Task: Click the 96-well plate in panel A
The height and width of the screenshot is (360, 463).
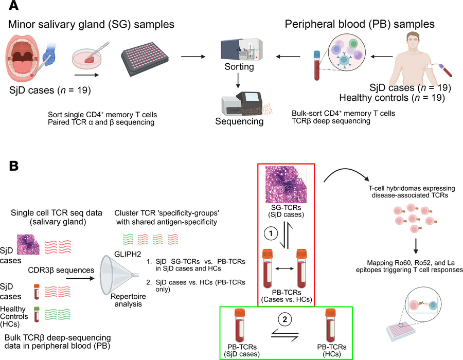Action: (x=145, y=62)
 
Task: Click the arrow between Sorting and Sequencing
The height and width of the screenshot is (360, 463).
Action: (x=237, y=86)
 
